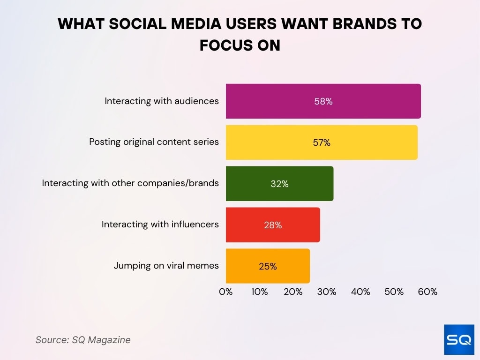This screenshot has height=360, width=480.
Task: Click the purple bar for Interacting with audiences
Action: tap(323, 101)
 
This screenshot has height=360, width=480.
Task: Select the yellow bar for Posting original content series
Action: tap(322, 142)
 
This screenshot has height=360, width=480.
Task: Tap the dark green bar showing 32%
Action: tap(279, 184)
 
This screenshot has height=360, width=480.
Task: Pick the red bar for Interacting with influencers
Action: tap(273, 225)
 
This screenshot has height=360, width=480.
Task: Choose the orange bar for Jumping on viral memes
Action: tap(268, 266)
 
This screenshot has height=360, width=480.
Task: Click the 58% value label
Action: tap(323, 101)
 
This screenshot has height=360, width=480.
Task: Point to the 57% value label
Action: tap(322, 142)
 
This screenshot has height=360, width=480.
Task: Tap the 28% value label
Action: tap(273, 225)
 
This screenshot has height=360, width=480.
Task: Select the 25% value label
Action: tap(268, 266)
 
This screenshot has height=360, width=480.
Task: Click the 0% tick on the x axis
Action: tap(226, 292)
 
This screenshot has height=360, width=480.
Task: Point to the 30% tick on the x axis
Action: tap(327, 292)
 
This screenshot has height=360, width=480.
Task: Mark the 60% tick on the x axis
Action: tap(427, 292)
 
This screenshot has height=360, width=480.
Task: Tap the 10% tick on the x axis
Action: tap(259, 292)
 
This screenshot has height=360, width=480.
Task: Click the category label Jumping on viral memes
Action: tap(166, 266)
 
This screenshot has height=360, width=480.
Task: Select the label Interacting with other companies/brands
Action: tap(130, 183)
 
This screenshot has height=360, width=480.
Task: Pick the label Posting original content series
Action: tap(154, 142)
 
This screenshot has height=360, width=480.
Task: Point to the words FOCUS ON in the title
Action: tap(240, 45)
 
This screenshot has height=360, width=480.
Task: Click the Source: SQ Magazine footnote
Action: tap(83, 340)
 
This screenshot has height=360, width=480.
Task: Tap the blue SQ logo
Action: tap(458, 339)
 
